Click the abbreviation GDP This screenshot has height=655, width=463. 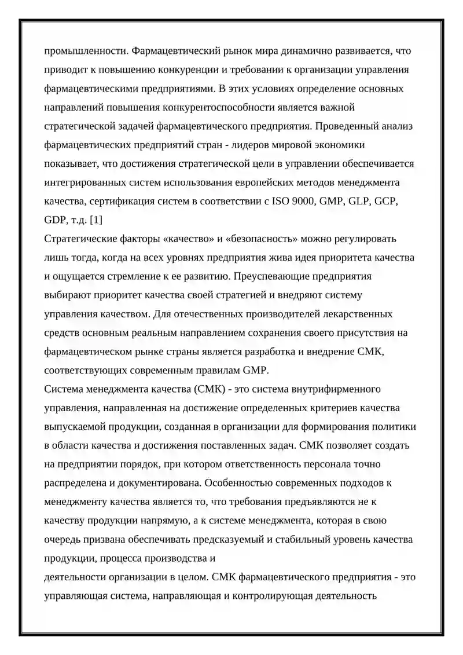coord(56,220)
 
